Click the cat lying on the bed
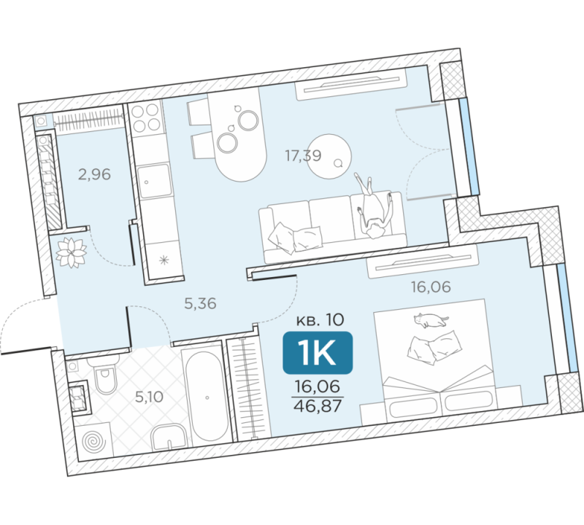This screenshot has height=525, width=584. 431,320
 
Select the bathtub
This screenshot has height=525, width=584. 207,396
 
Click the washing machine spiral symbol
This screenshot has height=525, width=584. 93,442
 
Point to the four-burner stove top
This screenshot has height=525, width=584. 145,118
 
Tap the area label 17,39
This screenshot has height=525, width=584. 303,155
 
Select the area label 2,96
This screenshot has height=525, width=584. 94,174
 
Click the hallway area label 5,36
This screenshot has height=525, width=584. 200,303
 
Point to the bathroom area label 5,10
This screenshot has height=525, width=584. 149,397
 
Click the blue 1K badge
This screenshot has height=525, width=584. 318,352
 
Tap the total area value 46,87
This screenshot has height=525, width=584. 318,406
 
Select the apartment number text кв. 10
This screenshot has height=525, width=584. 320,319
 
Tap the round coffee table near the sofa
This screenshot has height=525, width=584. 329,156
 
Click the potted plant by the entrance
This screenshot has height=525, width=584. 71,252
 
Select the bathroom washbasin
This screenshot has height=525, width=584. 169,437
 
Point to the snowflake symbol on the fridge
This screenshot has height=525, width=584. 164,260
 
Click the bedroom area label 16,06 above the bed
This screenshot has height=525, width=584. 431,287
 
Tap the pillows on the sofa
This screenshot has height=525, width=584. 295,238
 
